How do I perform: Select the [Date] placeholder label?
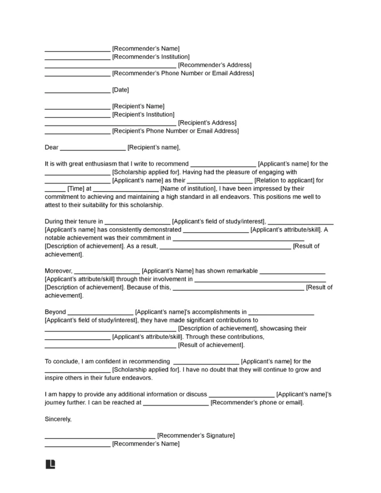tap(121, 90)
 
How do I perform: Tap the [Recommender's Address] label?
tap(214, 65)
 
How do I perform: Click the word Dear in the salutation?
tap(52, 148)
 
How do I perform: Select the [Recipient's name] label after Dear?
tap(154, 148)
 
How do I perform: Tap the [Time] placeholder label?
tap(76, 188)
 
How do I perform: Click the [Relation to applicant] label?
tap(289, 180)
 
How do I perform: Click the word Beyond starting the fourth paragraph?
tap(55, 311)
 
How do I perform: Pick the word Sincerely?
tap(58, 419)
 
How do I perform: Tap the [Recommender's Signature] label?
tap(196, 436)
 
